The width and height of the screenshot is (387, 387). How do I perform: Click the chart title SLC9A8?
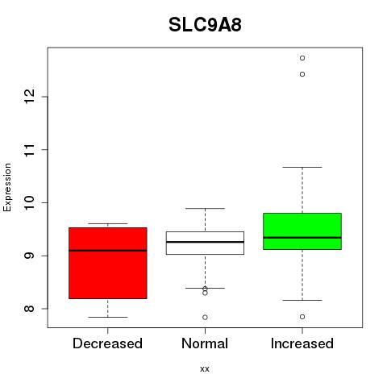point(205,25)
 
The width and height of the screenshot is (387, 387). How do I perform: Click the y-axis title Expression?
point(7,187)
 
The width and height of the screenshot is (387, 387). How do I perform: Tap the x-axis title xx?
point(205,368)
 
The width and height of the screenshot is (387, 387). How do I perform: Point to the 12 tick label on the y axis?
point(29,97)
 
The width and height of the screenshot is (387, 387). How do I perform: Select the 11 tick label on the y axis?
point(29,149)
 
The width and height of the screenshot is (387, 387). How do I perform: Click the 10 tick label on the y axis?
point(29,202)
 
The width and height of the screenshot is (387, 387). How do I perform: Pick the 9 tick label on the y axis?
point(29,256)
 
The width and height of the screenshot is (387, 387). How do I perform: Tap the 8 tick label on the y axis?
point(29,309)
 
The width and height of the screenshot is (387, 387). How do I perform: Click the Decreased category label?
point(107,343)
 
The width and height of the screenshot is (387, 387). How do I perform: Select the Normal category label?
point(205,343)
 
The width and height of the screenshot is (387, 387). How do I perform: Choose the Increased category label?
point(302,343)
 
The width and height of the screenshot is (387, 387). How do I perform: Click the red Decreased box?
point(108,263)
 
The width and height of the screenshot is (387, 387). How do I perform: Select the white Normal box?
point(205,243)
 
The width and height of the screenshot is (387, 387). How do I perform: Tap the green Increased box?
point(302,231)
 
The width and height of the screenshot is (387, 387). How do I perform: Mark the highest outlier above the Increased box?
point(302,58)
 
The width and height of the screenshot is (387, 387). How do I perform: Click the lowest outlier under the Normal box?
point(205,318)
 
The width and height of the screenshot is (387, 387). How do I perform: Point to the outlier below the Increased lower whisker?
point(302,317)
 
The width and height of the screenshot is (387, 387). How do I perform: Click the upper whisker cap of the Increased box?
point(302,167)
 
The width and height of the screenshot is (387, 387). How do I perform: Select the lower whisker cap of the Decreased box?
point(108,317)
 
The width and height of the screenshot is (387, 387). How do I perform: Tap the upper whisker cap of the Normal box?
point(205,208)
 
